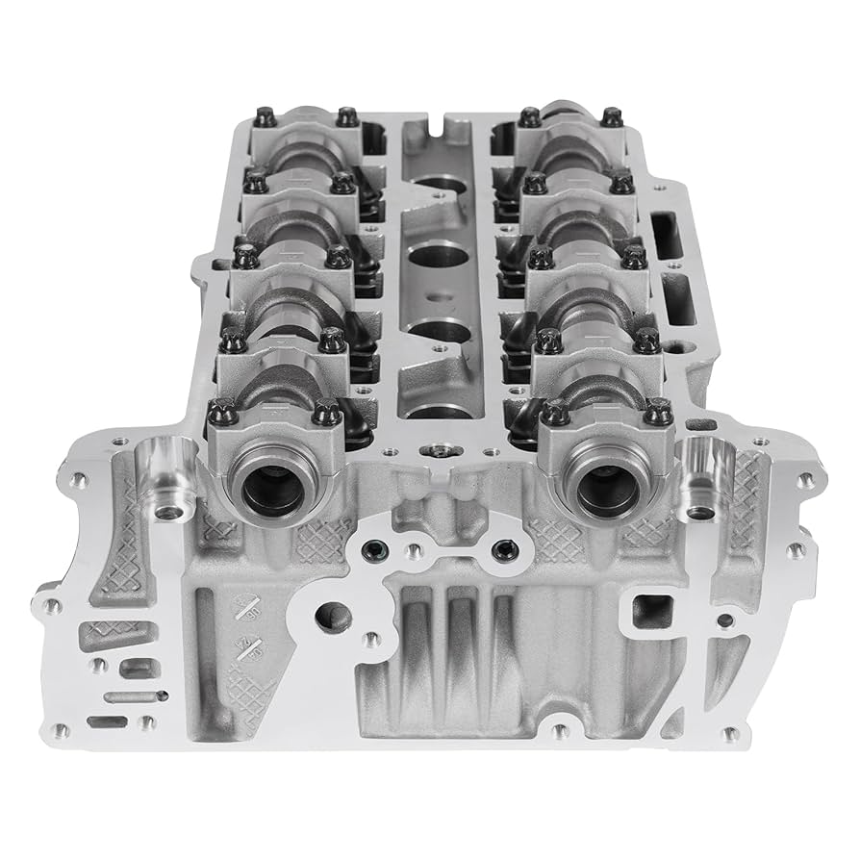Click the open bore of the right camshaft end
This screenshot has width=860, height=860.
coord(604,489)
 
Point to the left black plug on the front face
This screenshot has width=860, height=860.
coord(372,550)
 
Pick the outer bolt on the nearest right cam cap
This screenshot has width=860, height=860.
coord(659,413)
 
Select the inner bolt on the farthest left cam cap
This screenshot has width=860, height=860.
coord(347,116)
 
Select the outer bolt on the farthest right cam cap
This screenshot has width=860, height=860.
coord(612,117)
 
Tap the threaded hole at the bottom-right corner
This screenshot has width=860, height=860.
coord(731,733)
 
